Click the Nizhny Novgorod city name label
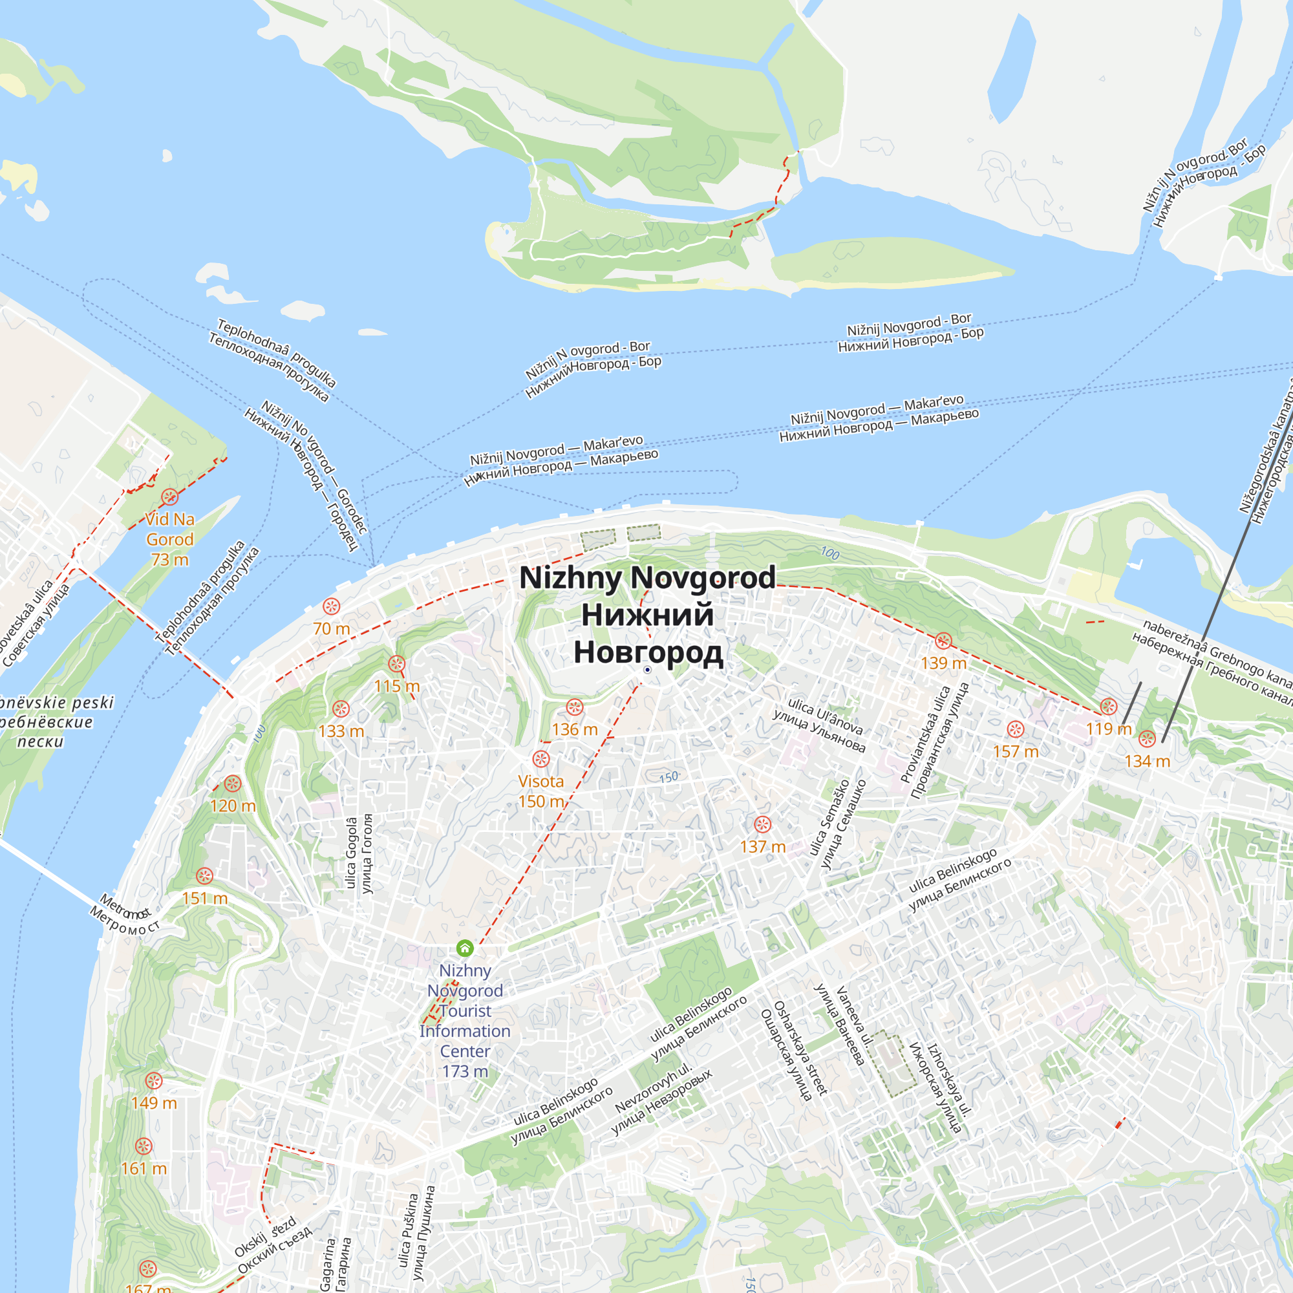pyautogui.click(x=647, y=614)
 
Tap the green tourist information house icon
pyautogui.click(x=464, y=948)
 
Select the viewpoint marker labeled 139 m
pyautogui.click(x=943, y=641)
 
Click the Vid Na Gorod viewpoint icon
pyautogui.click(x=170, y=497)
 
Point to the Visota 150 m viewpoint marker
pyautogui.click(x=540, y=759)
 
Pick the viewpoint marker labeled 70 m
pyautogui.click(x=331, y=606)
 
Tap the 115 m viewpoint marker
pyautogui.click(x=397, y=664)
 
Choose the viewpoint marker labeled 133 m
pyautogui.click(x=341, y=709)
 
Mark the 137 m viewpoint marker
pyautogui.click(x=762, y=824)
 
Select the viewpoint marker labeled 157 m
pyautogui.click(x=1015, y=729)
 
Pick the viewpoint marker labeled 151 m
pyautogui.click(x=205, y=875)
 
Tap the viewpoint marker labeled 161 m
pyautogui.click(x=144, y=1146)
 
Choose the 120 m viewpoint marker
pyautogui.click(x=232, y=784)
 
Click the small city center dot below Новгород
pyautogui.click(x=647, y=670)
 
